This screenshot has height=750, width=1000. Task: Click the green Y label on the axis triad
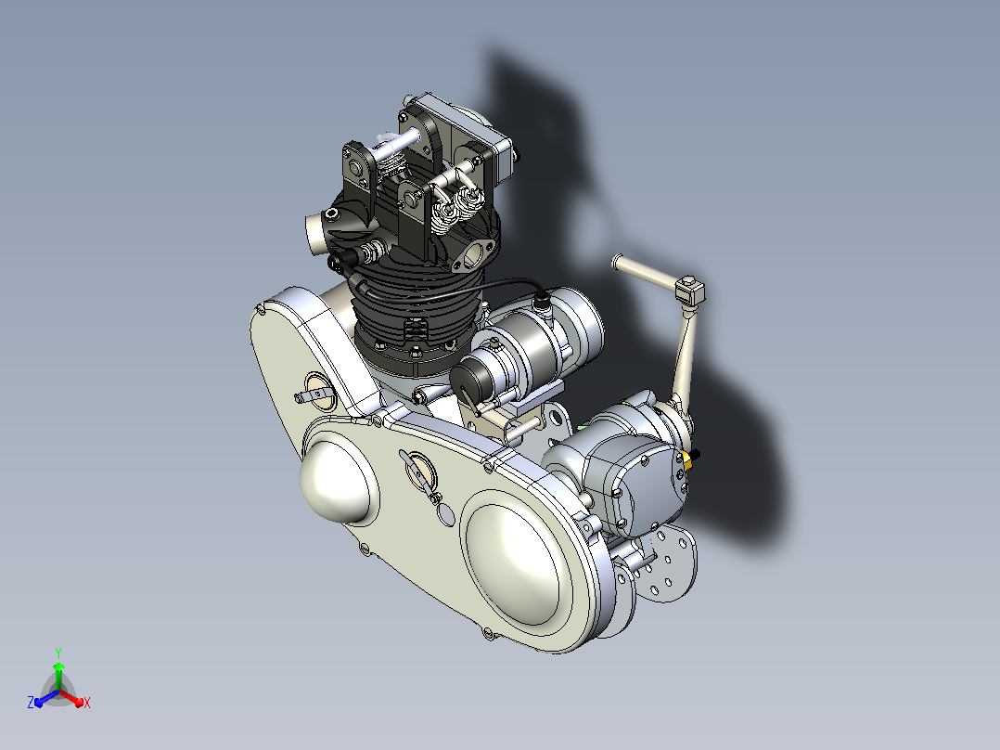point(58,653)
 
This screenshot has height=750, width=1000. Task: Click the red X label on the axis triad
point(87,703)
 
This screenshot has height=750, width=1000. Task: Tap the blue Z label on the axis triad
point(31,703)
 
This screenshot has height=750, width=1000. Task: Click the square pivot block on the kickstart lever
point(689,291)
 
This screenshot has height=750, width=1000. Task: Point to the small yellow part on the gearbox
point(687,460)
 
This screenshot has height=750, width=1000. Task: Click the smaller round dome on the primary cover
point(336,480)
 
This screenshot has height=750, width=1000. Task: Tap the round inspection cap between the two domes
point(420,470)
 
